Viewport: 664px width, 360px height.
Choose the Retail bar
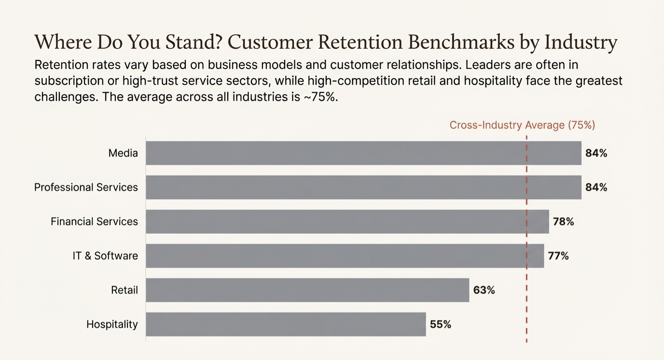[307, 290]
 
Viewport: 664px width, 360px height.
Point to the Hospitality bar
[286, 324]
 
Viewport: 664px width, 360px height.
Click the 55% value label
[440, 324]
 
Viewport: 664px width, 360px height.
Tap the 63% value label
[484, 290]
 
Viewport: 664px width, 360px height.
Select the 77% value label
[558, 256]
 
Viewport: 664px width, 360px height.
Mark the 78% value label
[563, 222]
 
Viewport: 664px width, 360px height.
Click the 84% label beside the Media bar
[596, 153]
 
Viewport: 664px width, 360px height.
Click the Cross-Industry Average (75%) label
[522, 125]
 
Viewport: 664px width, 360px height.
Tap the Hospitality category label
[112, 324]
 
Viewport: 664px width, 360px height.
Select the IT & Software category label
[105, 256]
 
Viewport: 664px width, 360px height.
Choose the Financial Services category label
[94, 222]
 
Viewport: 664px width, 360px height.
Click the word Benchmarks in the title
[460, 42]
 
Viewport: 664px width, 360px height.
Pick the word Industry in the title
[581, 42]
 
